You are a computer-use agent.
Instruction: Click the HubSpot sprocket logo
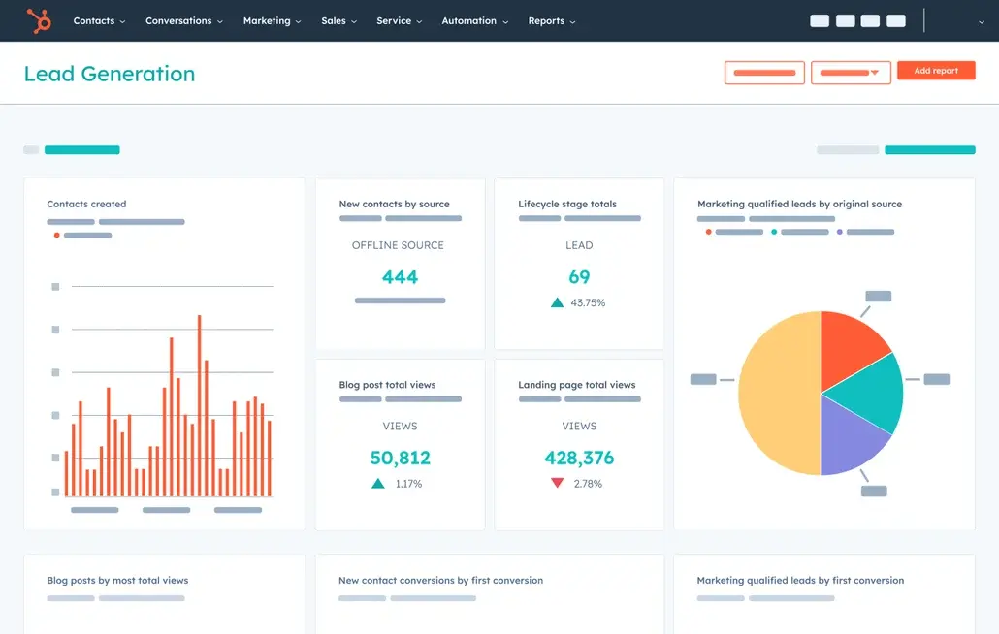pos(39,20)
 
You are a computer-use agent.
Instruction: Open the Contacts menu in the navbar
pos(99,20)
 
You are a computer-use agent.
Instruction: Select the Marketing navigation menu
pos(272,20)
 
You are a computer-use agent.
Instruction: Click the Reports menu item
pos(551,20)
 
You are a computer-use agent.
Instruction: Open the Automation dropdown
pos(474,20)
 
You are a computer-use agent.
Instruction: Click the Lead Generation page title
pos(109,74)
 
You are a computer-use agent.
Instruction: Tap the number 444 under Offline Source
pos(400,277)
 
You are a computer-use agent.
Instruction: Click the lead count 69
pos(579,277)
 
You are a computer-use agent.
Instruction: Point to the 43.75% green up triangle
pos(557,302)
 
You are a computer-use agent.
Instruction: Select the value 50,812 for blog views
pos(400,458)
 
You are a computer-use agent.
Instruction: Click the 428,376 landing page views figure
pos(579,458)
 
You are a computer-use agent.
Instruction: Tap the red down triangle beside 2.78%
pos(557,483)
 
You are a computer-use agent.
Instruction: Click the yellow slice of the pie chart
pos(776,393)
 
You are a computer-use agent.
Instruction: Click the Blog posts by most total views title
pos(117,581)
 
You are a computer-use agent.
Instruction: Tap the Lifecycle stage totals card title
pos(567,205)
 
